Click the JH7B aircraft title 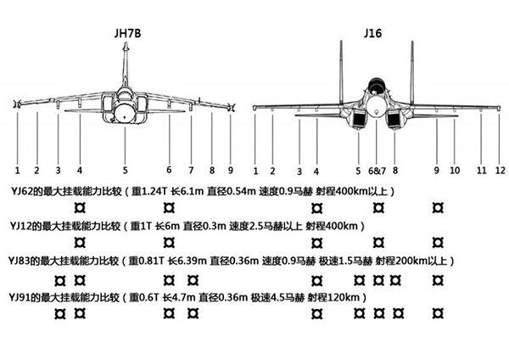tap(127, 33)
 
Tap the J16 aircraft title tap(372, 33)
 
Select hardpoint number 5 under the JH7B tap(125, 171)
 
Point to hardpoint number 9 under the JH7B tap(231, 171)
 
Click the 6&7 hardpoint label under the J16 tap(377, 171)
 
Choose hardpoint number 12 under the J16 tap(501, 171)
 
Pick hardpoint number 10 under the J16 tap(455, 171)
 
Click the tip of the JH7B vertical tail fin tap(126, 42)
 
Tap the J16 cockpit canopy tap(376, 84)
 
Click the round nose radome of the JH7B tap(125, 113)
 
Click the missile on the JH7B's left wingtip tap(17, 104)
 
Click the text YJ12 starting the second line tap(20, 226)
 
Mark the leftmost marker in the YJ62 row tap(80, 208)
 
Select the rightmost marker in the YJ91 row tap(438, 313)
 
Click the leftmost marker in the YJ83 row tap(59, 281)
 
